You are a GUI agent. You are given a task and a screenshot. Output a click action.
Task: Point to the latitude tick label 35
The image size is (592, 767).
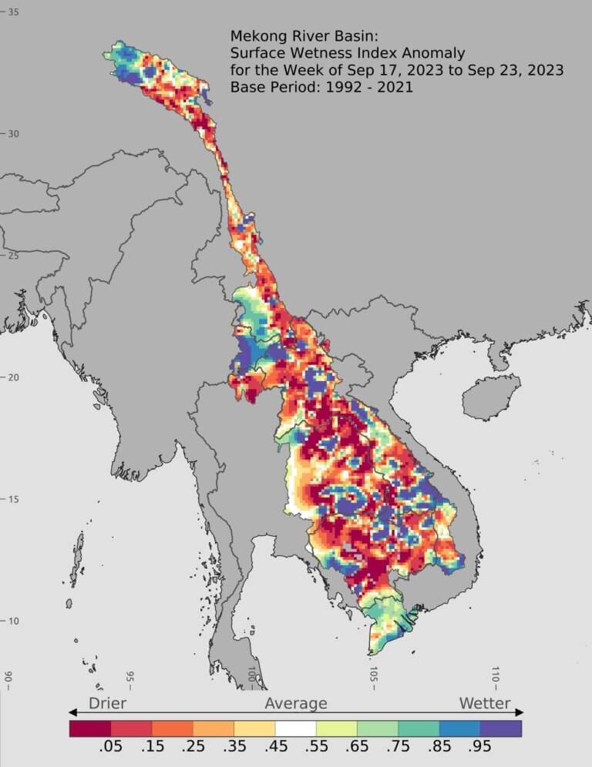[14, 12]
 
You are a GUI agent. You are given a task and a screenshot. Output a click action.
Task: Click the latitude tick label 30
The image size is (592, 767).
[14, 133]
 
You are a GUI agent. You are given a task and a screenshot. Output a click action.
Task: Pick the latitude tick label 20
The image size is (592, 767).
[14, 377]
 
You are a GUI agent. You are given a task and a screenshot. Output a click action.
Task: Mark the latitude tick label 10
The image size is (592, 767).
[14, 621]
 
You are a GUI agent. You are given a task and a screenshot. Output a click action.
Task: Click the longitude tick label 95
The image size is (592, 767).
[129, 678]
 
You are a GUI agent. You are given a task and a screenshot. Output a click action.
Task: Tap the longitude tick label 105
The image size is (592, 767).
[373, 675]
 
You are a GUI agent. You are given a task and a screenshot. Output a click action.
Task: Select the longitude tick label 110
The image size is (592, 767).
[495, 675]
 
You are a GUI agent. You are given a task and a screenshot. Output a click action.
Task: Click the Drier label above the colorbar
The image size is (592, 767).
[107, 703]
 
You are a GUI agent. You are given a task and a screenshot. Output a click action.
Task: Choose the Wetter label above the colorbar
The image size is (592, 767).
[485, 703]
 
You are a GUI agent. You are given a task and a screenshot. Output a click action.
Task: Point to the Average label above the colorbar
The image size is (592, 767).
[296, 703]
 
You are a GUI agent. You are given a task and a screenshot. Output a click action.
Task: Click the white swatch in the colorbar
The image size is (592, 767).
[296, 728]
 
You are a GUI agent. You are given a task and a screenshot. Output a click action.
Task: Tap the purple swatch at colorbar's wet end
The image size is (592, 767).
[501, 728]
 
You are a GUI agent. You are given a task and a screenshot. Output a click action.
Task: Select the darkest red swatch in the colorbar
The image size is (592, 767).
[90, 728]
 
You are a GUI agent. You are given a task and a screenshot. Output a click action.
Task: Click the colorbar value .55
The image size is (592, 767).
[337, 749]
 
